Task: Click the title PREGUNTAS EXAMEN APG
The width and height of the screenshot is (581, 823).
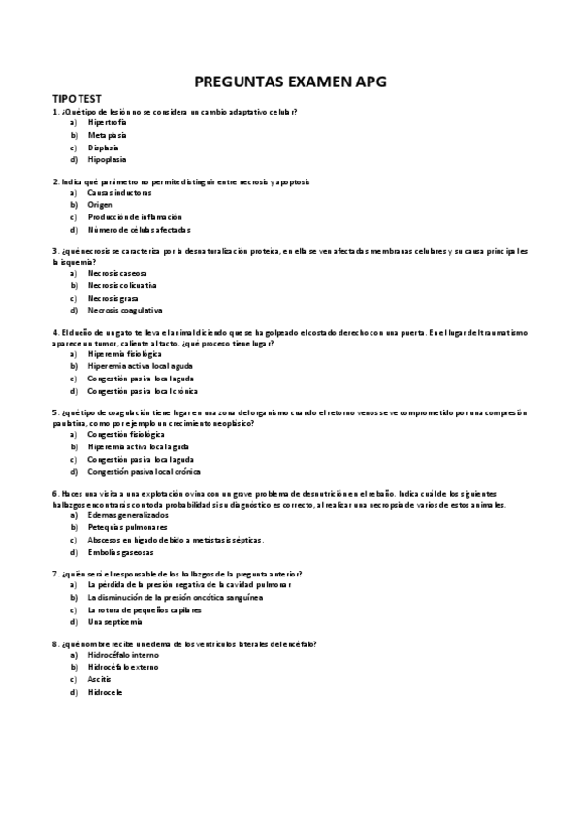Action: pyautogui.click(x=290, y=82)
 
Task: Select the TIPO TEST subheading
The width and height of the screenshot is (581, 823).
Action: pyautogui.click(x=77, y=100)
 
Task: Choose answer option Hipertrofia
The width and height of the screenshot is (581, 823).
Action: pyautogui.click(x=107, y=123)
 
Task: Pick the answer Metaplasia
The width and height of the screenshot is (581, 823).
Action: pyautogui.click(x=107, y=135)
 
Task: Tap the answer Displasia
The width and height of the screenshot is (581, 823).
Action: pyautogui.click(x=104, y=148)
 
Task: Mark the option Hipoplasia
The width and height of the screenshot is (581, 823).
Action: pyautogui.click(x=107, y=159)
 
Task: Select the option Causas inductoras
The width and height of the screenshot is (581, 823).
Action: pyautogui.click(x=119, y=193)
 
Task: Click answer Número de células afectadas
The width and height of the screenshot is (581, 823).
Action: pyautogui.click(x=139, y=230)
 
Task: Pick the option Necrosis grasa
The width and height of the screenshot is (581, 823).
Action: pyautogui.click(x=113, y=298)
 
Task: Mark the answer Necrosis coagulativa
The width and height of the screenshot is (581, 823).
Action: pyautogui.click(x=124, y=310)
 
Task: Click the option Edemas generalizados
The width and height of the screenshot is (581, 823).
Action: pyautogui.click(x=127, y=515)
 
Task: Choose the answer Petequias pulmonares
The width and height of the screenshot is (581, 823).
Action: pyautogui.click(x=127, y=527)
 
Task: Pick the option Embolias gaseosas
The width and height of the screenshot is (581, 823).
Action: pyautogui.click(x=120, y=551)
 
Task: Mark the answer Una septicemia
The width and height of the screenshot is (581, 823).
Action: pyautogui.click(x=114, y=621)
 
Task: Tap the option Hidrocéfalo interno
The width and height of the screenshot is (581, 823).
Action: pyautogui.click(x=122, y=656)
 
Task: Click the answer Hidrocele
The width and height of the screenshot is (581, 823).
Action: pyautogui.click(x=105, y=692)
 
